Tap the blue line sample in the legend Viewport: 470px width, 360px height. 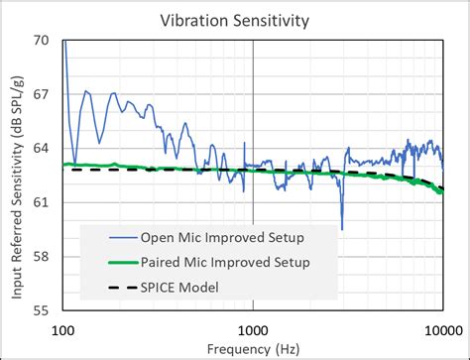(x=108, y=238)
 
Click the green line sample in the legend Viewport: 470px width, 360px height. (x=108, y=262)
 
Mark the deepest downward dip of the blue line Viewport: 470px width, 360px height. (x=342, y=228)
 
